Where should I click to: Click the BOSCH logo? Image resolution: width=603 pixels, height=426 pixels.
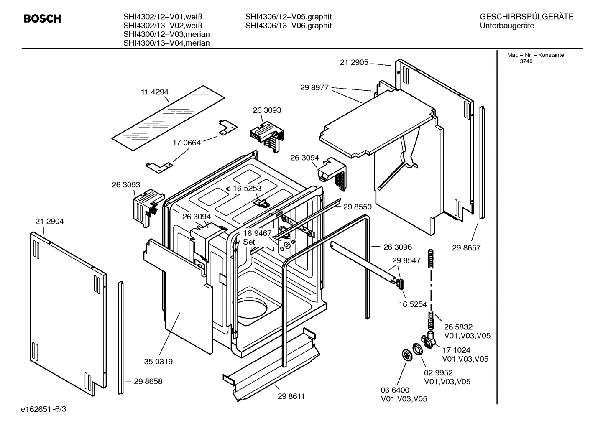(x=42, y=19)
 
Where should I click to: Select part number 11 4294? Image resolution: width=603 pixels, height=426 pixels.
(x=154, y=92)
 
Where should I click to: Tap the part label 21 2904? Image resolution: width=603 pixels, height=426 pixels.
(x=49, y=222)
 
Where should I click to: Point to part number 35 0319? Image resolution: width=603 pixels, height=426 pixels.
(x=158, y=361)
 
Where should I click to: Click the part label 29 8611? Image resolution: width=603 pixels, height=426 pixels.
(x=291, y=396)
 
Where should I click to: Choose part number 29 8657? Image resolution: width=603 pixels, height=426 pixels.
(x=466, y=248)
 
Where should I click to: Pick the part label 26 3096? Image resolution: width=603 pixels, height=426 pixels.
(x=398, y=247)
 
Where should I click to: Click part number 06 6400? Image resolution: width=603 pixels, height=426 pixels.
(x=395, y=390)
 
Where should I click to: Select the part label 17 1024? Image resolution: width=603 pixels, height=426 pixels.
(x=456, y=350)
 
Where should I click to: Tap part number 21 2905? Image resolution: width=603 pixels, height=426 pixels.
(x=354, y=62)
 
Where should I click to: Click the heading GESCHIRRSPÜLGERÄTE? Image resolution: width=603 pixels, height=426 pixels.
(x=526, y=17)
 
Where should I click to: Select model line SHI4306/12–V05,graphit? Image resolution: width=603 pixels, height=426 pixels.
(x=288, y=17)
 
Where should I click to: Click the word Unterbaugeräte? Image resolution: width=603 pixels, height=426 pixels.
(x=507, y=26)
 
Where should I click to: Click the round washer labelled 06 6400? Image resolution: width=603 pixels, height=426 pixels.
(x=406, y=355)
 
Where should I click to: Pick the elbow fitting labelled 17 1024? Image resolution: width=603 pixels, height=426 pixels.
(x=429, y=340)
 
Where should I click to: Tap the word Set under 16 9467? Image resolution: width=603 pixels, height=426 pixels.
(x=249, y=242)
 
